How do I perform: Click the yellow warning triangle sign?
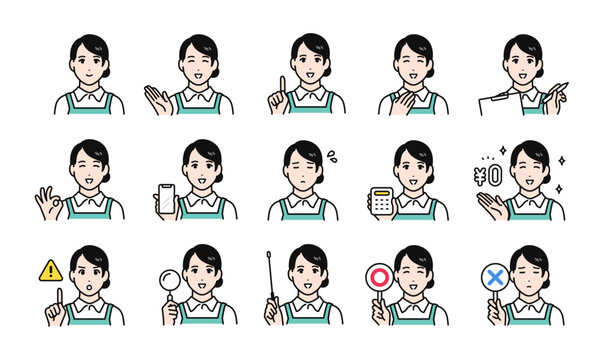50,269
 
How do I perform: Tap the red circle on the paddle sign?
379,276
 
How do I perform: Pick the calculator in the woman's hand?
379,199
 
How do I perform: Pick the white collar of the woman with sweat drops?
304,200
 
